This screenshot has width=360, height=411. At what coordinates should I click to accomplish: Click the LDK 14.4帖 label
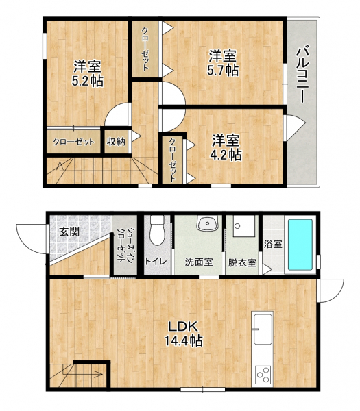coord(183,334)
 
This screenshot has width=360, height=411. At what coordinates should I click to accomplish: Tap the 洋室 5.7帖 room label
coord(223,63)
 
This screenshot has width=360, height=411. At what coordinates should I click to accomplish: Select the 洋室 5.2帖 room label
coord(88,74)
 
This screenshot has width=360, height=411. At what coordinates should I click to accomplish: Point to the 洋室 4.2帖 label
coord(226,147)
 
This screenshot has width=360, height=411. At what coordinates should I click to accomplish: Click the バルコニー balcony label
coord(302,75)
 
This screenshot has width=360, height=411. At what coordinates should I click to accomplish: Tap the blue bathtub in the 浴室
coord(300,245)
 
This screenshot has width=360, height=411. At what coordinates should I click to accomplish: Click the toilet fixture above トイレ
coord(157,230)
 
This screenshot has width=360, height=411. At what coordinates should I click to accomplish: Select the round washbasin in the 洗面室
coord(207,223)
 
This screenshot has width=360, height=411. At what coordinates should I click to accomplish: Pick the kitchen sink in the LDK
coord(263,329)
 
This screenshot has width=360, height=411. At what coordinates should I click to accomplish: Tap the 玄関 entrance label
coord(69,232)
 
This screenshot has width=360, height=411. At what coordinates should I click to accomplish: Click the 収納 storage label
coord(116,142)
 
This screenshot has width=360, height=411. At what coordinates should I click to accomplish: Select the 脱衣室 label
coord(242,262)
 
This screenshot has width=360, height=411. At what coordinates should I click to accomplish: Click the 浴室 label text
coord(273,245)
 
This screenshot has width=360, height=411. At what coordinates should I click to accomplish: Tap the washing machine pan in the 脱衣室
coord(244,226)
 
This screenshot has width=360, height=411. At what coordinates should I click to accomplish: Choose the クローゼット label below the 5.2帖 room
coord(73,142)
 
